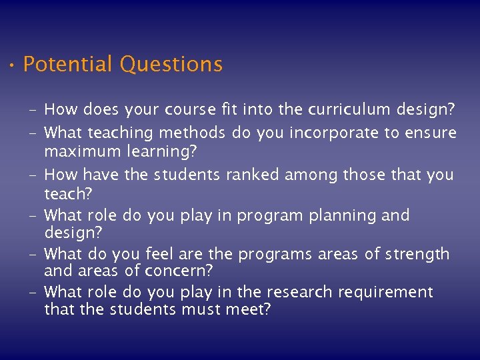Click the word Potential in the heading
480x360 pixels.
click(x=67, y=65)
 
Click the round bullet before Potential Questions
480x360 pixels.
click(x=12, y=66)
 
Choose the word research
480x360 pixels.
click(x=299, y=292)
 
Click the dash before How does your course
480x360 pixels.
click(x=33, y=110)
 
